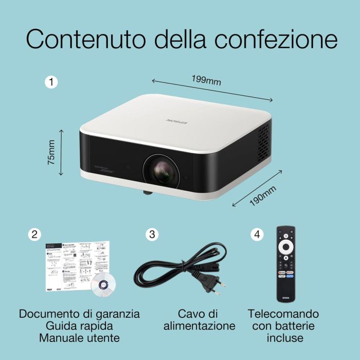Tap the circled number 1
[51, 81]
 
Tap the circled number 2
[34, 235]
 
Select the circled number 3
[152, 235]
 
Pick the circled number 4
[256, 235]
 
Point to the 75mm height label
[51, 153]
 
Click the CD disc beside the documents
[102, 283]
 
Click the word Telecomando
[283, 313]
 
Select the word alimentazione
[200, 326]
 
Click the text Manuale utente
[79, 338]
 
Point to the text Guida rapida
[79, 326]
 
